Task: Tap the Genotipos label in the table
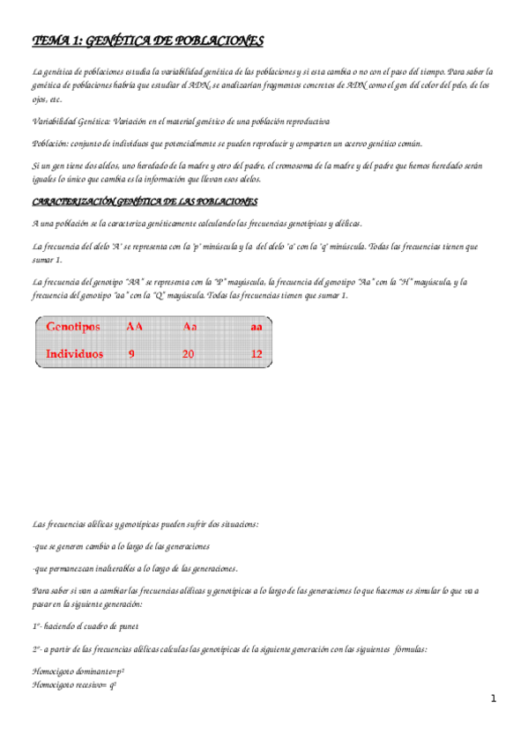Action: click(73, 326)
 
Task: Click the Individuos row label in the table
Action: click(75, 354)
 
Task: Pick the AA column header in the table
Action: click(135, 326)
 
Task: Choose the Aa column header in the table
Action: click(190, 326)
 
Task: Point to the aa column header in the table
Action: click(256, 326)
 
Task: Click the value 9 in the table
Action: click(131, 354)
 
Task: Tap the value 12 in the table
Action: click(256, 354)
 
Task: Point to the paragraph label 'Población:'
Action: click(51, 143)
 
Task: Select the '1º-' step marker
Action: click(37, 626)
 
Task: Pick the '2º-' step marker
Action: click(37, 649)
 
